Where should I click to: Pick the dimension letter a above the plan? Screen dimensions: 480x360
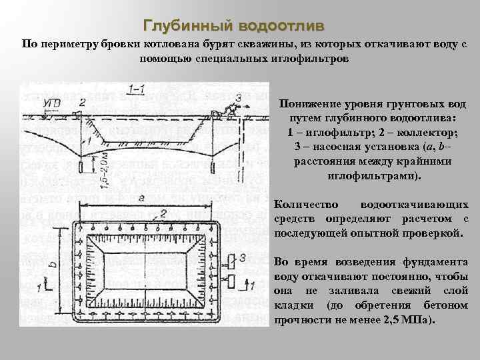[x=141, y=197]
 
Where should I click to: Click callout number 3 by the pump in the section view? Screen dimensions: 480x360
[x=237, y=98]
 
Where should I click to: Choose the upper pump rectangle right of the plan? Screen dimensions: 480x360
[x=230, y=258]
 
